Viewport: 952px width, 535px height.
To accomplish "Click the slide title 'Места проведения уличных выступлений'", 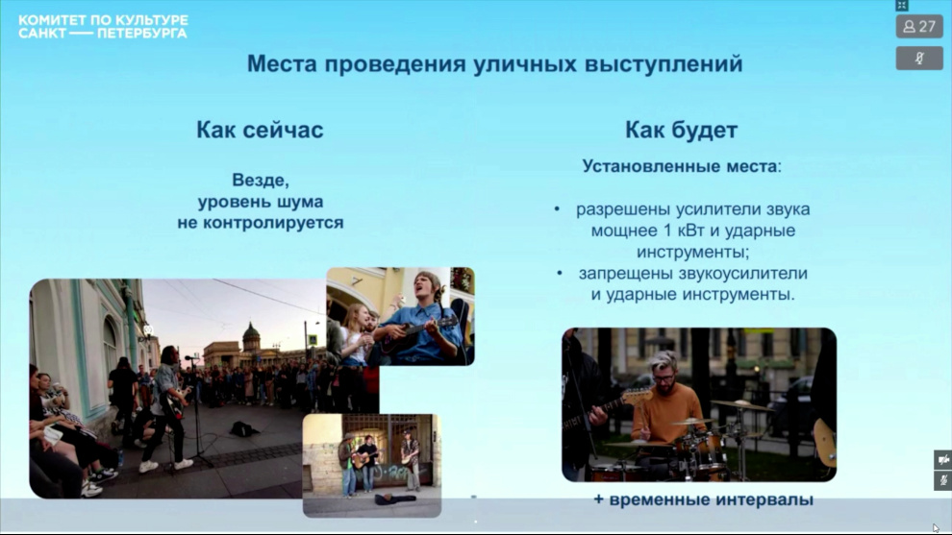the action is tap(495, 64).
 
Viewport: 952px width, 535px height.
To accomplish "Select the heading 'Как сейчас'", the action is tap(260, 130).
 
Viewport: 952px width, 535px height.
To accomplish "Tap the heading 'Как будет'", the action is tap(681, 130).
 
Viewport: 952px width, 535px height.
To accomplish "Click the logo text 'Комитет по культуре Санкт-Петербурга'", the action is tap(103, 27).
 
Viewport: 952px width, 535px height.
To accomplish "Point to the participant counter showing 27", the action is tap(919, 27).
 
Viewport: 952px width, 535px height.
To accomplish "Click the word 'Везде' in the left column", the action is tap(261, 181).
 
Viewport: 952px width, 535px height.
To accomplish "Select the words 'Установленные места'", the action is tap(680, 166).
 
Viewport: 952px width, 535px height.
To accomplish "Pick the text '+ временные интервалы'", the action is tap(703, 499).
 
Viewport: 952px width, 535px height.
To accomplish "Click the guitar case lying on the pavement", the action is tap(394, 499).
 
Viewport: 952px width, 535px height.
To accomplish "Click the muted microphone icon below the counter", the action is tap(919, 59).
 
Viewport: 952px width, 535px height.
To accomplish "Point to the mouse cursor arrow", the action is tap(936, 527).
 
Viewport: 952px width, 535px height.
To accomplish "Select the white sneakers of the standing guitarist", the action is tap(165, 466).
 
